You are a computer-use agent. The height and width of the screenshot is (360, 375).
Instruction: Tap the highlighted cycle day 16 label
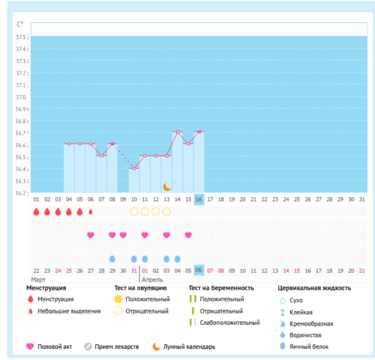tap(199, 199)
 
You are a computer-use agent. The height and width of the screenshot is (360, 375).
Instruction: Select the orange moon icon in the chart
tap(167, 187)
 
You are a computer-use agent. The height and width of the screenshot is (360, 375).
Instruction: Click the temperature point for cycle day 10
tap(134, 168)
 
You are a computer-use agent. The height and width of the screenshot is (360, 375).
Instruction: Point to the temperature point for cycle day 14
tap(177, 132)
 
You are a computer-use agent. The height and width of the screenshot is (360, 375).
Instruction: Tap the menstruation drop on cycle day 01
tap(36, 212)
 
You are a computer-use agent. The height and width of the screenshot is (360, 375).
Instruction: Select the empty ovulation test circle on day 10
tap(134, 212)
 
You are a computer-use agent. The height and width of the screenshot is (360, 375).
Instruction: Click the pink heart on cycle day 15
tap(188, 235)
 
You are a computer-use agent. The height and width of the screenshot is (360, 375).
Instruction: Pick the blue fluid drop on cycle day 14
tap(177, 259)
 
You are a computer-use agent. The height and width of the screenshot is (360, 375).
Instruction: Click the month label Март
tap(38, 279)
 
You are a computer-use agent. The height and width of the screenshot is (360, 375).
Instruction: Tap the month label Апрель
tap(152, 279)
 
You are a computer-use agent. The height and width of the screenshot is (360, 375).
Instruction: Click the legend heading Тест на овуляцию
tap(140, 288)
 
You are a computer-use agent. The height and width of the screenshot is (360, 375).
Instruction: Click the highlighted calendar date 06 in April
tap(199, 270)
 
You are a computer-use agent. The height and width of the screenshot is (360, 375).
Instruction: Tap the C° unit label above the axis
tap(20, 24)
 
